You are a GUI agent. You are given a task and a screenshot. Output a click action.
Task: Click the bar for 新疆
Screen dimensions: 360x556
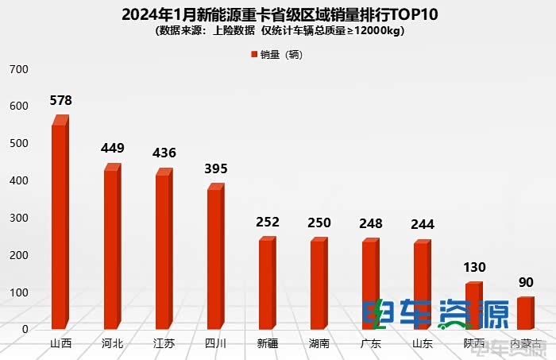266,284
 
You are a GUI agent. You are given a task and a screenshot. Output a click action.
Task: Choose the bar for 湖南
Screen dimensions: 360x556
318,284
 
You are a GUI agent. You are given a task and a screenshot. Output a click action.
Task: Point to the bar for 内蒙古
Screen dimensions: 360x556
524,313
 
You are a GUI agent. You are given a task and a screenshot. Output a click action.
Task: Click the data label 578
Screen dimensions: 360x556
60,101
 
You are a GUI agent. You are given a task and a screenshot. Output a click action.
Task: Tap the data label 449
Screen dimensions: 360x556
112,148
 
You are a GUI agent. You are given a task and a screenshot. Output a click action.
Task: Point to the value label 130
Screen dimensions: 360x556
474,267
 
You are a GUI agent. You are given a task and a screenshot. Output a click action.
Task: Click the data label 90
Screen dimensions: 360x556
526,282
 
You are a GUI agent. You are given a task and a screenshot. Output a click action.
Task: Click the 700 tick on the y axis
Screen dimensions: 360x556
18,69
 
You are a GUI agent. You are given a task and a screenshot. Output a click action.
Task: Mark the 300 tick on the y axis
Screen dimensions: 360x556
18,218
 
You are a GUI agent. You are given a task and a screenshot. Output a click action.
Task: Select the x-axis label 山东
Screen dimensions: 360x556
422,344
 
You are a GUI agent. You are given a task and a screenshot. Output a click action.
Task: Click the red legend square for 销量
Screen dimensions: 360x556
254,55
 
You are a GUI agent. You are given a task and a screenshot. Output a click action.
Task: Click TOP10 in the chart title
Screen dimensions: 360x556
407,15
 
